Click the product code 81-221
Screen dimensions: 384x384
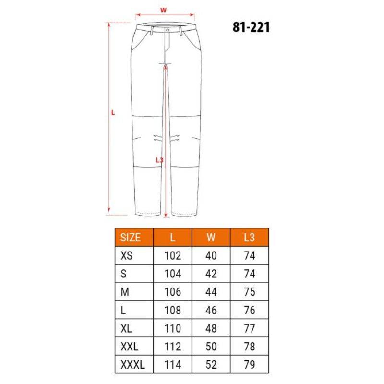pos(251,27)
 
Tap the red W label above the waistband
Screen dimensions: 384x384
pos(163,10)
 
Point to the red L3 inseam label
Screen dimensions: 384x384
pos(159,160)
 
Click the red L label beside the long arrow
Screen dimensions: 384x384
pos(113,113)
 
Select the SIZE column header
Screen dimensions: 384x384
pos(131,238)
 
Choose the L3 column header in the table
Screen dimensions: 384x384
pos(249,238)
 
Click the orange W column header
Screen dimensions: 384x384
pos(211,238)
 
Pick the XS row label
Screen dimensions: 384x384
pos(127,256)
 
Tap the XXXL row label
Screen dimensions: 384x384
pos(133,365)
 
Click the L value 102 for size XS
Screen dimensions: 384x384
pos(173,256)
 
